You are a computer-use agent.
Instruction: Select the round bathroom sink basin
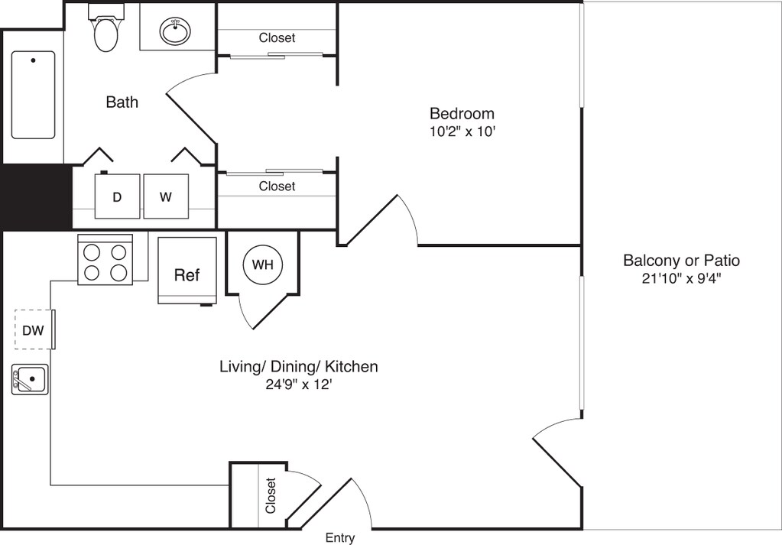pos(175,31)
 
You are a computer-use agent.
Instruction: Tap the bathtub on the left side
pos(33,95)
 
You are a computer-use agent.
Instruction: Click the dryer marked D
pos(117,196)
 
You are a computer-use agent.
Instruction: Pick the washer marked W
pos(166,196)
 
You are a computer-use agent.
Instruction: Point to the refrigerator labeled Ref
pos(187,271)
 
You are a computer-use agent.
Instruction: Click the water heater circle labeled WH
pos(262,264)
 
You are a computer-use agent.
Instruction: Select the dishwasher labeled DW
pos(34,329)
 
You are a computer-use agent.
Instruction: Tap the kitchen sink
pos(31,379)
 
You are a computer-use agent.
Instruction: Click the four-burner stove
pos(105,259)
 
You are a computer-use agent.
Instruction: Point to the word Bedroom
pos(462,114)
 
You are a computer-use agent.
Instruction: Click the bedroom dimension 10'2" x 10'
pos(462,131)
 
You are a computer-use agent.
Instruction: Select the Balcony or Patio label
pos(681,261)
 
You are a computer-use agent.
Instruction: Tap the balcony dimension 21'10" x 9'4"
pos(681,278)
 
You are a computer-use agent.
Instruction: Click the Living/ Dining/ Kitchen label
pos(299,367)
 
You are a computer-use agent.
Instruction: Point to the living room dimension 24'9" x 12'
pos(299,385)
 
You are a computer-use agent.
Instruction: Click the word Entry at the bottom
pos(340,538)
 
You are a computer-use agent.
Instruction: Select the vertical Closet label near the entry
pos(271,495)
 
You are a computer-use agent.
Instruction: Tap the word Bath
pos(122,102)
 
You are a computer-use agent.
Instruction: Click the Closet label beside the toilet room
pos(277,38)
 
